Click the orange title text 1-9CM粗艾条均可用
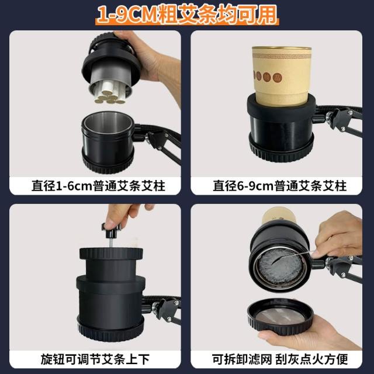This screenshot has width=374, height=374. [187, 14]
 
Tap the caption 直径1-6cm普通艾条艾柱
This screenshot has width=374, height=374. [98, 186]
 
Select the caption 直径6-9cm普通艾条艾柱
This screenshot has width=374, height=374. [279, 186]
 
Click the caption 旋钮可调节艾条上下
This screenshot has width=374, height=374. [95, 359]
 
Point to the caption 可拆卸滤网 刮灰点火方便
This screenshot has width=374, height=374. [280, 359]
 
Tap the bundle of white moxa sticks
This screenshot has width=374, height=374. [110, 92]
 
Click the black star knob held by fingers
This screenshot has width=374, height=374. [111, 230]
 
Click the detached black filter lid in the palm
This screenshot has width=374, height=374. [280, 316]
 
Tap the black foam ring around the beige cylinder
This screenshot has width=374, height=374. [282, 108]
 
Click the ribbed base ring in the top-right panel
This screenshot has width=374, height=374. [282, 150]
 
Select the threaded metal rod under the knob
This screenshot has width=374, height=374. [112, 243]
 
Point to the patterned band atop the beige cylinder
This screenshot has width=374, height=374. [282, 56]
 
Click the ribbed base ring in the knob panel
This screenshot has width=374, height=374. [111, 330]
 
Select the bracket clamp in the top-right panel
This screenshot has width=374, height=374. [341, 121]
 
